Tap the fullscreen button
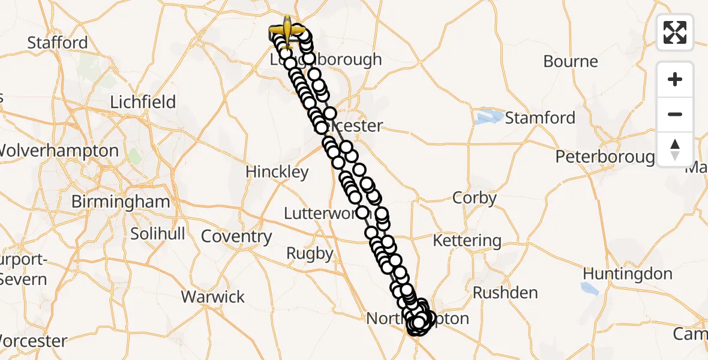coord(675,32)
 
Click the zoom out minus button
coord(675,114)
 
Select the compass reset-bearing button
coord(675,148)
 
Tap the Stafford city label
coord(58,43)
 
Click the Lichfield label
coord(143,101)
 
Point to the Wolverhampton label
coord(59,151)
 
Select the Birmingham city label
coord(121,202)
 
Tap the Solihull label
coord(158,233)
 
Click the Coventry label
coord(236,236)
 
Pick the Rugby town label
coord(310,253)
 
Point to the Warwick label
coord(213,296)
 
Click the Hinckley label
coord(277,172)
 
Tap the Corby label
coord(475,198)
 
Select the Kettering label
coord(467,241)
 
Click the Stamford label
coord(540,118)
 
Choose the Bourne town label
coord(571,61)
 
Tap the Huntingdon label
coord(628,274)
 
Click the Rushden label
coord(505,293)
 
